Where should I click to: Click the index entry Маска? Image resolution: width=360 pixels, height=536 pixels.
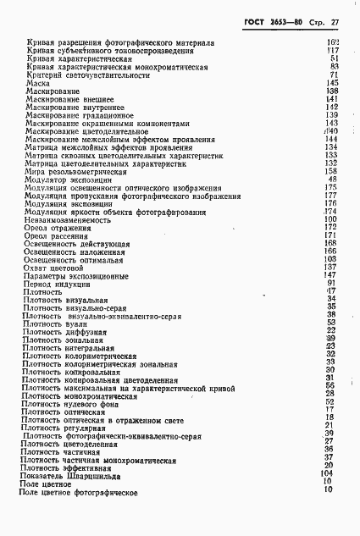coord(36,83)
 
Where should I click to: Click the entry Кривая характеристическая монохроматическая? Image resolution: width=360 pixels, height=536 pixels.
coord(116,67)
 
